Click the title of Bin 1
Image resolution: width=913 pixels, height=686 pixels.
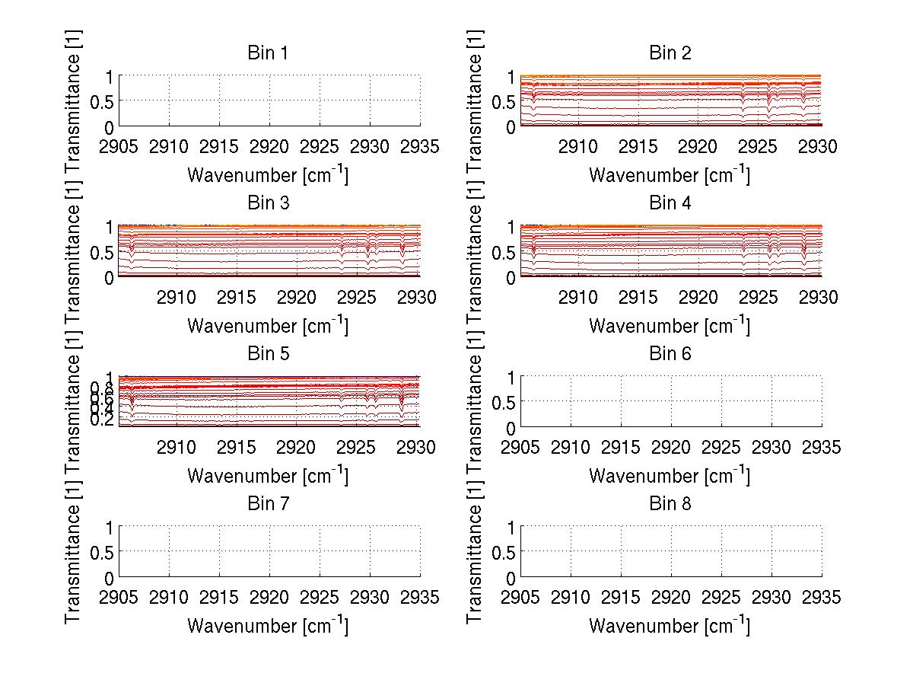(269, 53)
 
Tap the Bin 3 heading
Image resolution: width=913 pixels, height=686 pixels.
(269, 203)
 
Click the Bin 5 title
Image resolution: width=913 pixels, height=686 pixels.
(269, 353)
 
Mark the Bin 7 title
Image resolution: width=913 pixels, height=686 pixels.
(269, 503)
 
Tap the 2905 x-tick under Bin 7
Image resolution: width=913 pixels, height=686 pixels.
(119, 597)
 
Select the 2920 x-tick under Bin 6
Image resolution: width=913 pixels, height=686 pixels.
(671, 447)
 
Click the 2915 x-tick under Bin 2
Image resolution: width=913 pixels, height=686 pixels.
(638, 146)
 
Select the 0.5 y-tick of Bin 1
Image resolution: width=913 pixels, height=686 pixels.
(104, 102)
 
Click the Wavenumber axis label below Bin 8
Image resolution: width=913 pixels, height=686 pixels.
(670, 626)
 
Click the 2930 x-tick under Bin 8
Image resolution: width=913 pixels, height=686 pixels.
(771, 597)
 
